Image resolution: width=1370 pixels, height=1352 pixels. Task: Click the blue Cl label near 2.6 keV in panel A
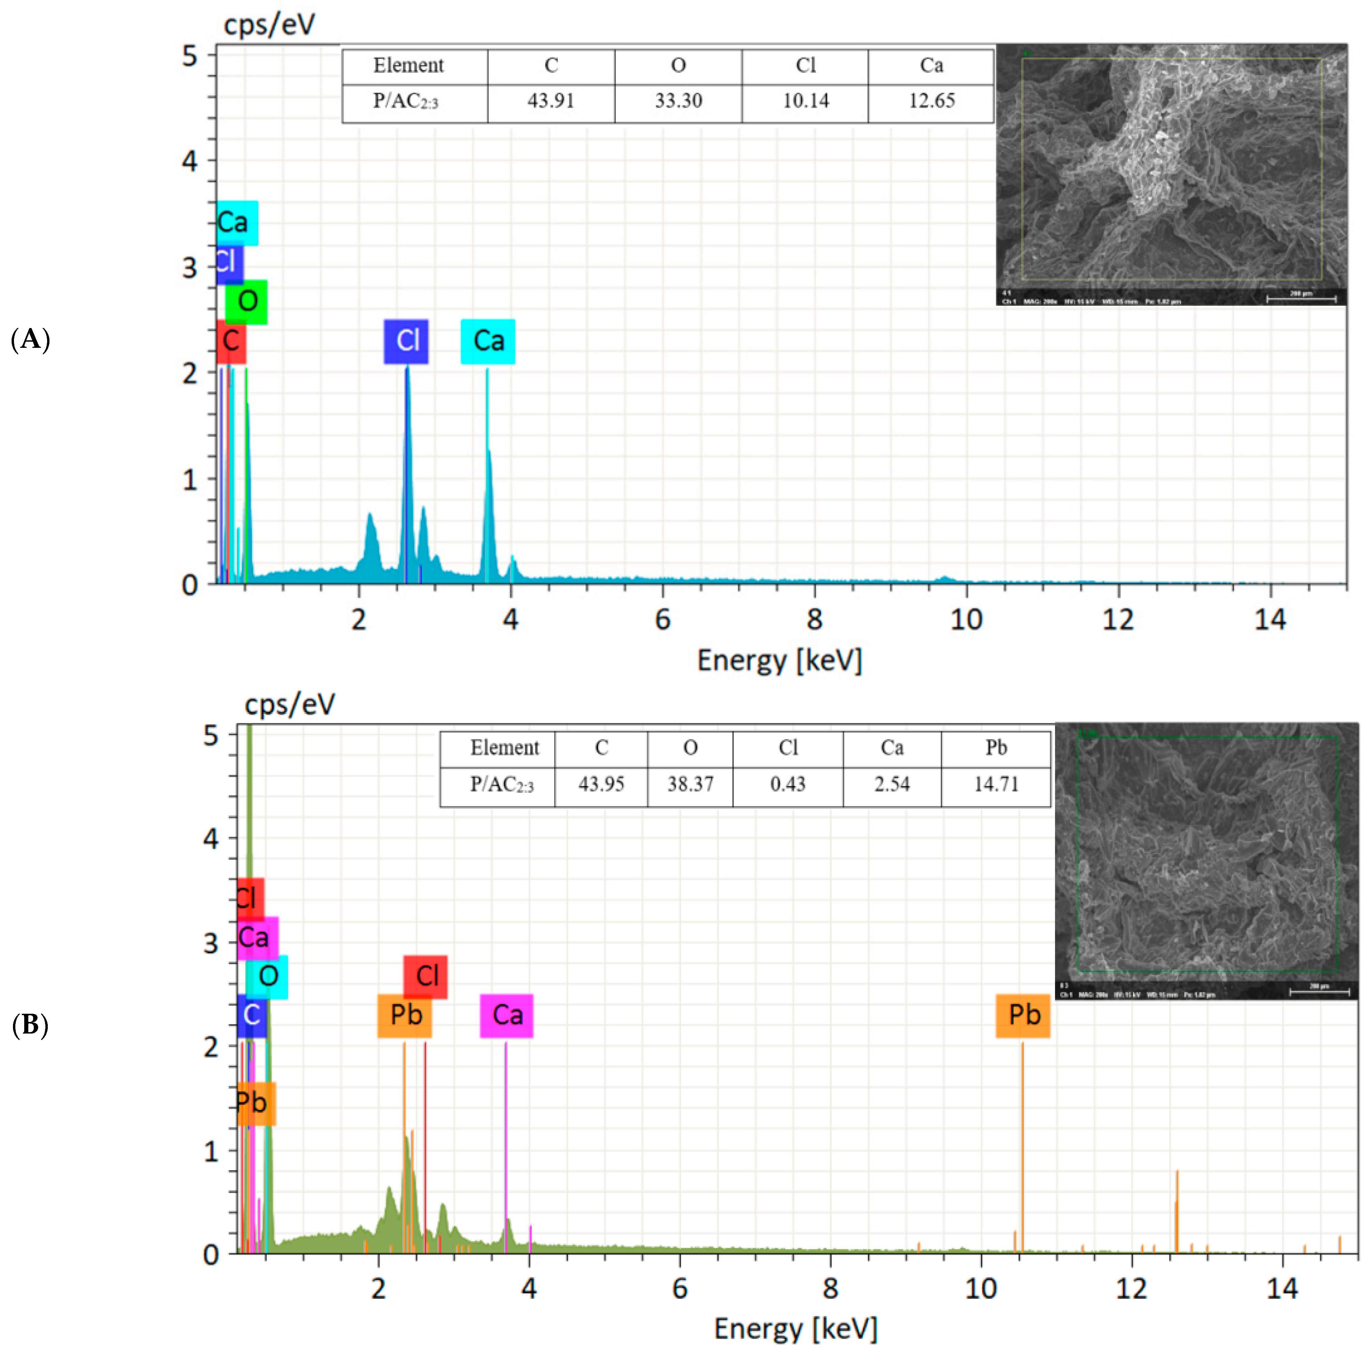click(406, 341)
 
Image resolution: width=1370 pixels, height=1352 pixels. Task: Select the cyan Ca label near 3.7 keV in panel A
click(488, 341)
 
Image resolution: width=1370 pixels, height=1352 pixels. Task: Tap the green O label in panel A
click(247, 301)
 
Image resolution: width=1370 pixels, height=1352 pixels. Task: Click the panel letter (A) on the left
click(30, 340)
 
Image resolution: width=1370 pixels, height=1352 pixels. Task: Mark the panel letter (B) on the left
click(30, 1025)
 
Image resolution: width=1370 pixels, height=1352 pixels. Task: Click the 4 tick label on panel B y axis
click(211, 839)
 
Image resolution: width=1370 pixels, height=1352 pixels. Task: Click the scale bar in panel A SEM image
click(1301, 299)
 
